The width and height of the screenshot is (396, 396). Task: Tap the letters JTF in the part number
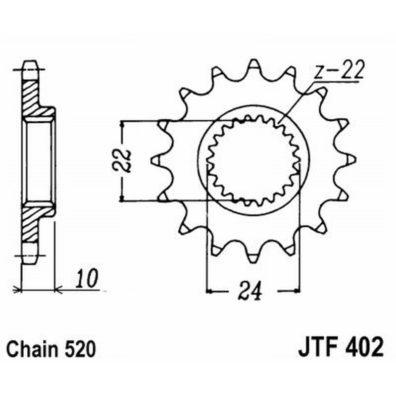coord(319,348)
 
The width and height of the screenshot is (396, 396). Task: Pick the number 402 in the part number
coord(365,348)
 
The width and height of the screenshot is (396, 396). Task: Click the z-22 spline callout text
coord(338,72)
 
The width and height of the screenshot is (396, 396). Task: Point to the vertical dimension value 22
coord(125,160)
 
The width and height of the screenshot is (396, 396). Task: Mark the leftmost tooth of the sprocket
coord(155,160)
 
